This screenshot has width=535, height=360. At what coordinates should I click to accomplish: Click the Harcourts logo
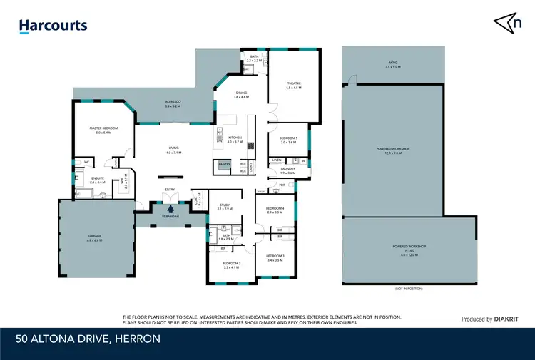coord(53,26)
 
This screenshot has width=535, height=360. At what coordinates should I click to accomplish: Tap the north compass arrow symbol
coord(507,23)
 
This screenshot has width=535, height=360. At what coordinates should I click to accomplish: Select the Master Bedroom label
coord(103,129)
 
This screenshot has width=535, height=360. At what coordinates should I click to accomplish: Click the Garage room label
coord(93,239)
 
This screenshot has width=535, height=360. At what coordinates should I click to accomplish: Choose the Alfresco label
coord(172,103)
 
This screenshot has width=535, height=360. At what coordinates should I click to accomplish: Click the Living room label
coord(173,150)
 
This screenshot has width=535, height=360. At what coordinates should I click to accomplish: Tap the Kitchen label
coord(235,139)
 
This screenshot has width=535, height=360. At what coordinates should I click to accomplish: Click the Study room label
coord(225,207)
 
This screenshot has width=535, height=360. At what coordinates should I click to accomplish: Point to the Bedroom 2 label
coord(232,265)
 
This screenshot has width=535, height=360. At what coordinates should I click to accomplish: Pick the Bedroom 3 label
coord(275,257)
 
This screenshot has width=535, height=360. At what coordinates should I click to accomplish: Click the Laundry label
coord(287,170)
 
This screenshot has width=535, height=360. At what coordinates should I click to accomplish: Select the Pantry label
coord(224,164)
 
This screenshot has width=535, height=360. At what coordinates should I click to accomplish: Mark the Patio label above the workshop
coord(393,65)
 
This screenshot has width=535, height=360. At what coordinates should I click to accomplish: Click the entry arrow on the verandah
coord(170,209)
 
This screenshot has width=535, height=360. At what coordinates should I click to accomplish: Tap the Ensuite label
coord(98,180)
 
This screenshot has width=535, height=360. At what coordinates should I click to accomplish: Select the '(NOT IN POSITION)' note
coord(408,288)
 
